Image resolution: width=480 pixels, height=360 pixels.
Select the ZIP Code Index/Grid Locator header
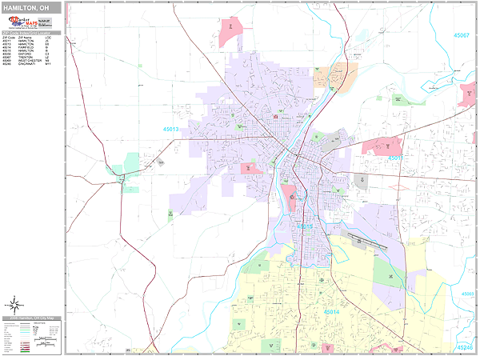tap(31, 34)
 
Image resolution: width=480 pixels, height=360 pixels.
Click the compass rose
tap(14, 304)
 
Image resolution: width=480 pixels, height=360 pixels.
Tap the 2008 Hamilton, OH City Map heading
tap(31, 318)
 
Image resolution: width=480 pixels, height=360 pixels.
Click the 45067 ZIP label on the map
tap(462, 35)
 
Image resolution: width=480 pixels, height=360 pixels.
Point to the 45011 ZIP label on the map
tap(395, 158)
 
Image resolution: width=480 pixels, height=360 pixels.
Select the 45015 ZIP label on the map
tap(305, 226)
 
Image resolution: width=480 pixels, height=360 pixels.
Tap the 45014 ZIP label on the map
tap(331, 311)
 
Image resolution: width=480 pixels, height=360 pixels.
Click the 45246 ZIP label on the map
tap(464, 347)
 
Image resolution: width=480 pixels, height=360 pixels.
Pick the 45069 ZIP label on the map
tap(467, 294)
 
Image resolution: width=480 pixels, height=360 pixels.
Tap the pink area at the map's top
tap(230, 30)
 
